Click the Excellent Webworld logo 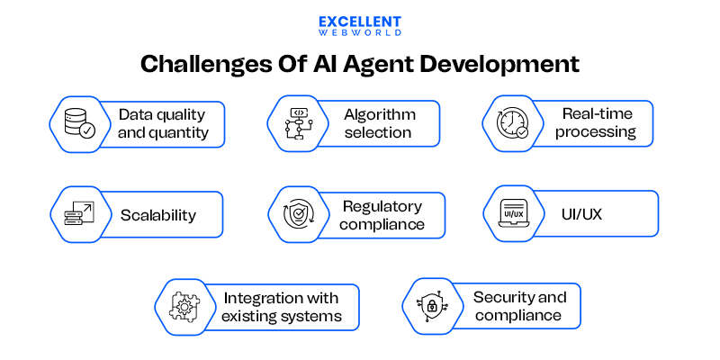[359, 25]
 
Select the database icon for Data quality [75, 124]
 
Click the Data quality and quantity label [162, 124]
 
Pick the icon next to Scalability [75, 214]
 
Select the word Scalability [158, 216]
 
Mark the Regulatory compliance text [382, 215]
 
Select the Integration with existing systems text [283, 307]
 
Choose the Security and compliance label [519, 307]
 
